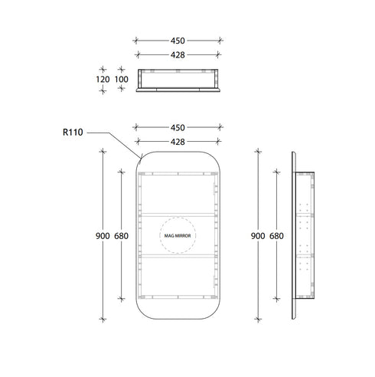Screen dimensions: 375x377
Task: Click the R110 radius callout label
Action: coord(73,133)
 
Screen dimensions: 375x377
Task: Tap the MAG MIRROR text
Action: coord(178,236)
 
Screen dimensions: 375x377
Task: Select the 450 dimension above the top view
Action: coord(178,41)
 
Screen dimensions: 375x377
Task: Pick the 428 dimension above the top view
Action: coord(178,55)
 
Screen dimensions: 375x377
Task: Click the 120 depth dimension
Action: coord(103,80)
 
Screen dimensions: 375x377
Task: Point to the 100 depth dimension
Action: coord(122,80)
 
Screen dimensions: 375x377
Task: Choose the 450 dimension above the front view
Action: coord(178,128)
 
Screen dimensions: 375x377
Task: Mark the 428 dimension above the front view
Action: coord(178,142)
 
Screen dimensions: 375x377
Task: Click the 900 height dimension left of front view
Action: coord(103,236)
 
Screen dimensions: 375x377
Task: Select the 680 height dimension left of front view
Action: coord(122,236)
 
